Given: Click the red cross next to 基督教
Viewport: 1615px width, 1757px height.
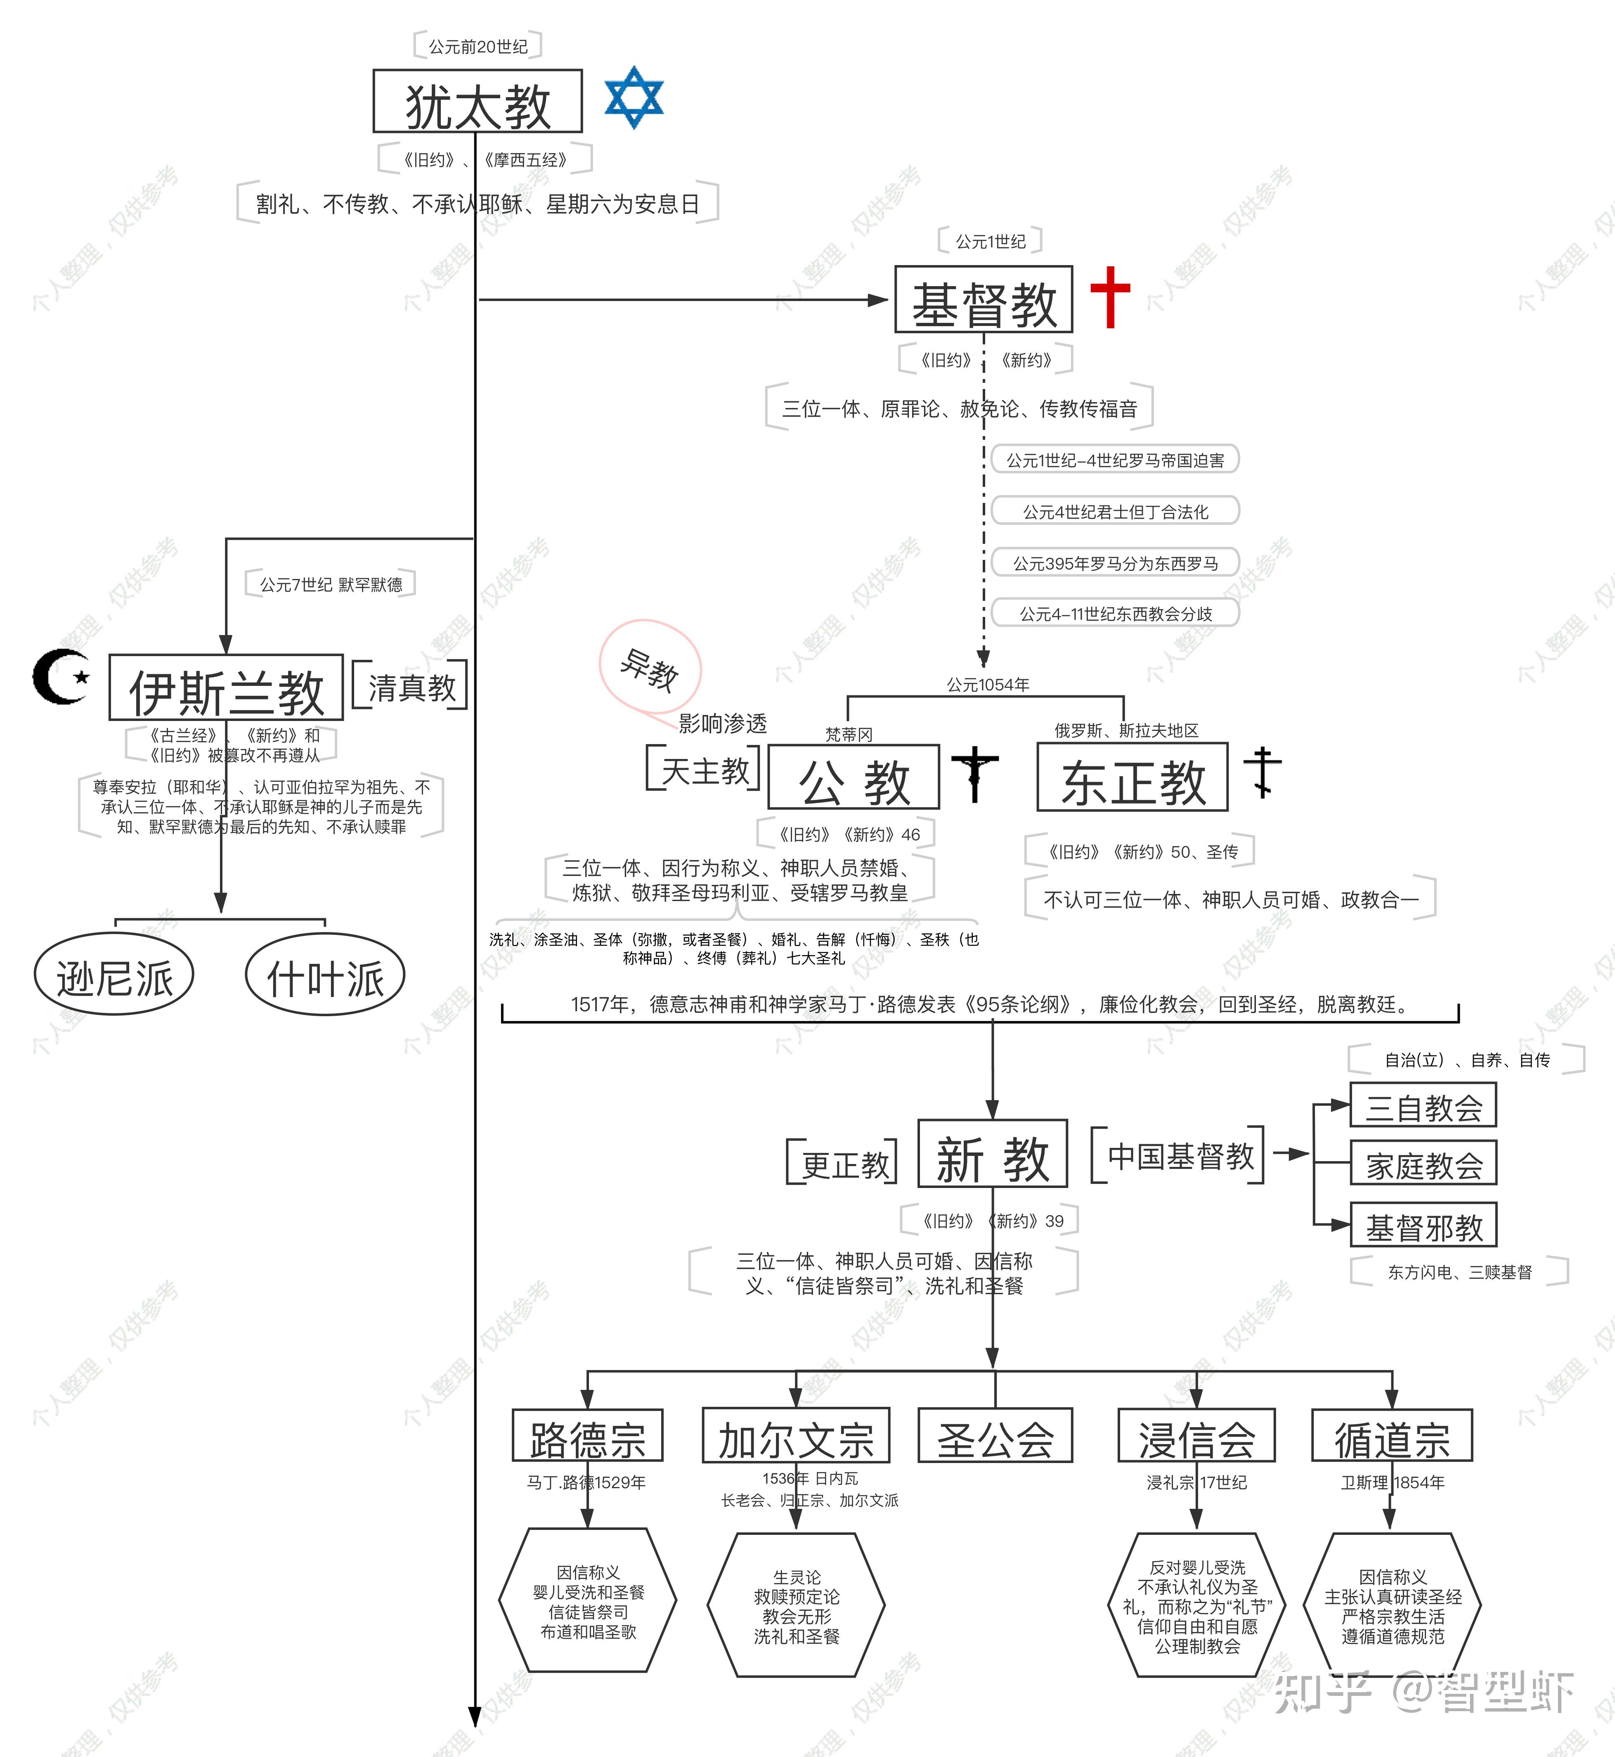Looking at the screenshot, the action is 1110,297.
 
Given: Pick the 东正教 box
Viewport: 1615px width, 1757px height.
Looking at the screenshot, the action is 1133,777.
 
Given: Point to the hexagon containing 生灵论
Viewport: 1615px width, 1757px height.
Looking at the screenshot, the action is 796,1605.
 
